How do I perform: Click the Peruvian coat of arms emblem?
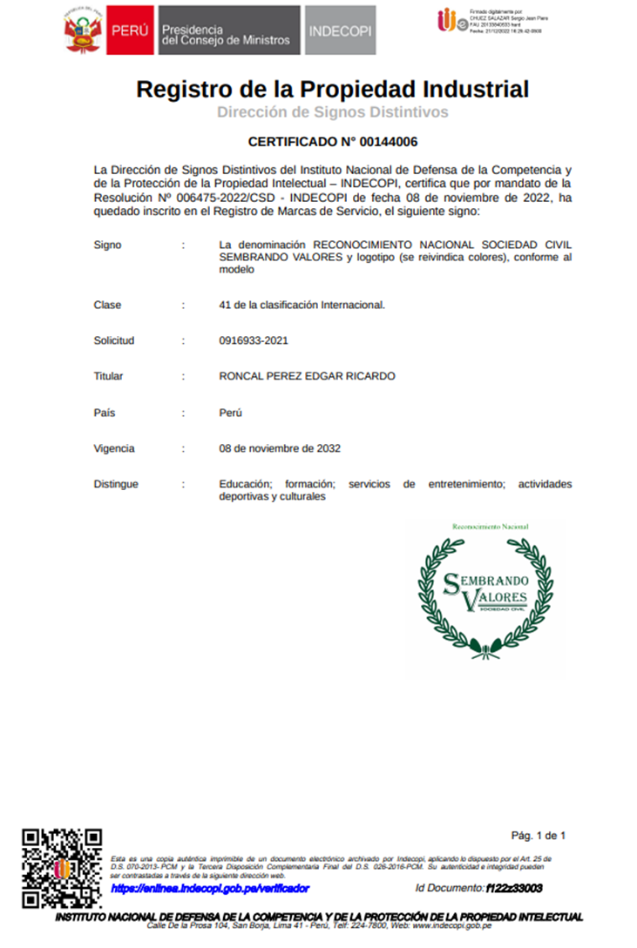(84, 31)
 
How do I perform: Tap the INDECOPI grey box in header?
(341, 31)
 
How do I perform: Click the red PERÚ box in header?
(131, 31)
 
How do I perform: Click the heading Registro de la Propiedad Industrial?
(332, 89)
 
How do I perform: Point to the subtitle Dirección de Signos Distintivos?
(332, 112)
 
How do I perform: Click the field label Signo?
(108, 245)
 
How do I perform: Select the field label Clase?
(108, 306)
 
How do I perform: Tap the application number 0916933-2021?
(254, 341)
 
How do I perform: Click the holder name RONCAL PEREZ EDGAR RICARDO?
(307, 377)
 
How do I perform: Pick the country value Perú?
(231, 413)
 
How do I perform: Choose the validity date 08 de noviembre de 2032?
(280, 449)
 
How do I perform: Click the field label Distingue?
(116, 484)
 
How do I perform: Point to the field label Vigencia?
(114, 449)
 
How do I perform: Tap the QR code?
(62, 868)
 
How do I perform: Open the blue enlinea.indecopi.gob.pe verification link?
(210, 889)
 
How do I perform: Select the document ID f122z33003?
(513, 889)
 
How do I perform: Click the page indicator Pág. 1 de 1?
(538, 837)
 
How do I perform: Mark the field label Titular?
(109, 377)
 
